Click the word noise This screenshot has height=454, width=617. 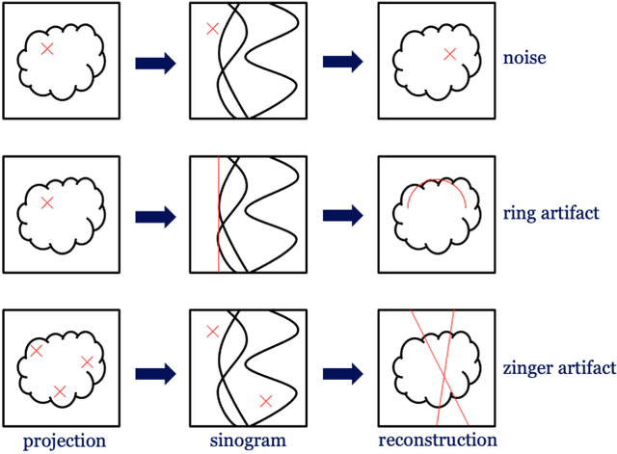(524, 59)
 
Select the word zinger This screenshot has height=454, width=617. (527, 368)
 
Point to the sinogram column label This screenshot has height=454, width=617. (247, 441)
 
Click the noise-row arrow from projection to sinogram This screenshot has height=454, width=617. (155, 63)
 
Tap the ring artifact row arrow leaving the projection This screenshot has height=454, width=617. (155, 217)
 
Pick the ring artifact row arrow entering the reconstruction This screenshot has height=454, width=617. (342, 217)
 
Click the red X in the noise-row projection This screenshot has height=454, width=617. (47, 48)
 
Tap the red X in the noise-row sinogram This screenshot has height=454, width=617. (213, 30)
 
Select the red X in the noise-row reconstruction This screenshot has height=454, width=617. (449, 54)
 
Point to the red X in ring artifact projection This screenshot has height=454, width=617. (47, 203)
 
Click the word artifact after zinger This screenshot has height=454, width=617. (585, 368)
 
